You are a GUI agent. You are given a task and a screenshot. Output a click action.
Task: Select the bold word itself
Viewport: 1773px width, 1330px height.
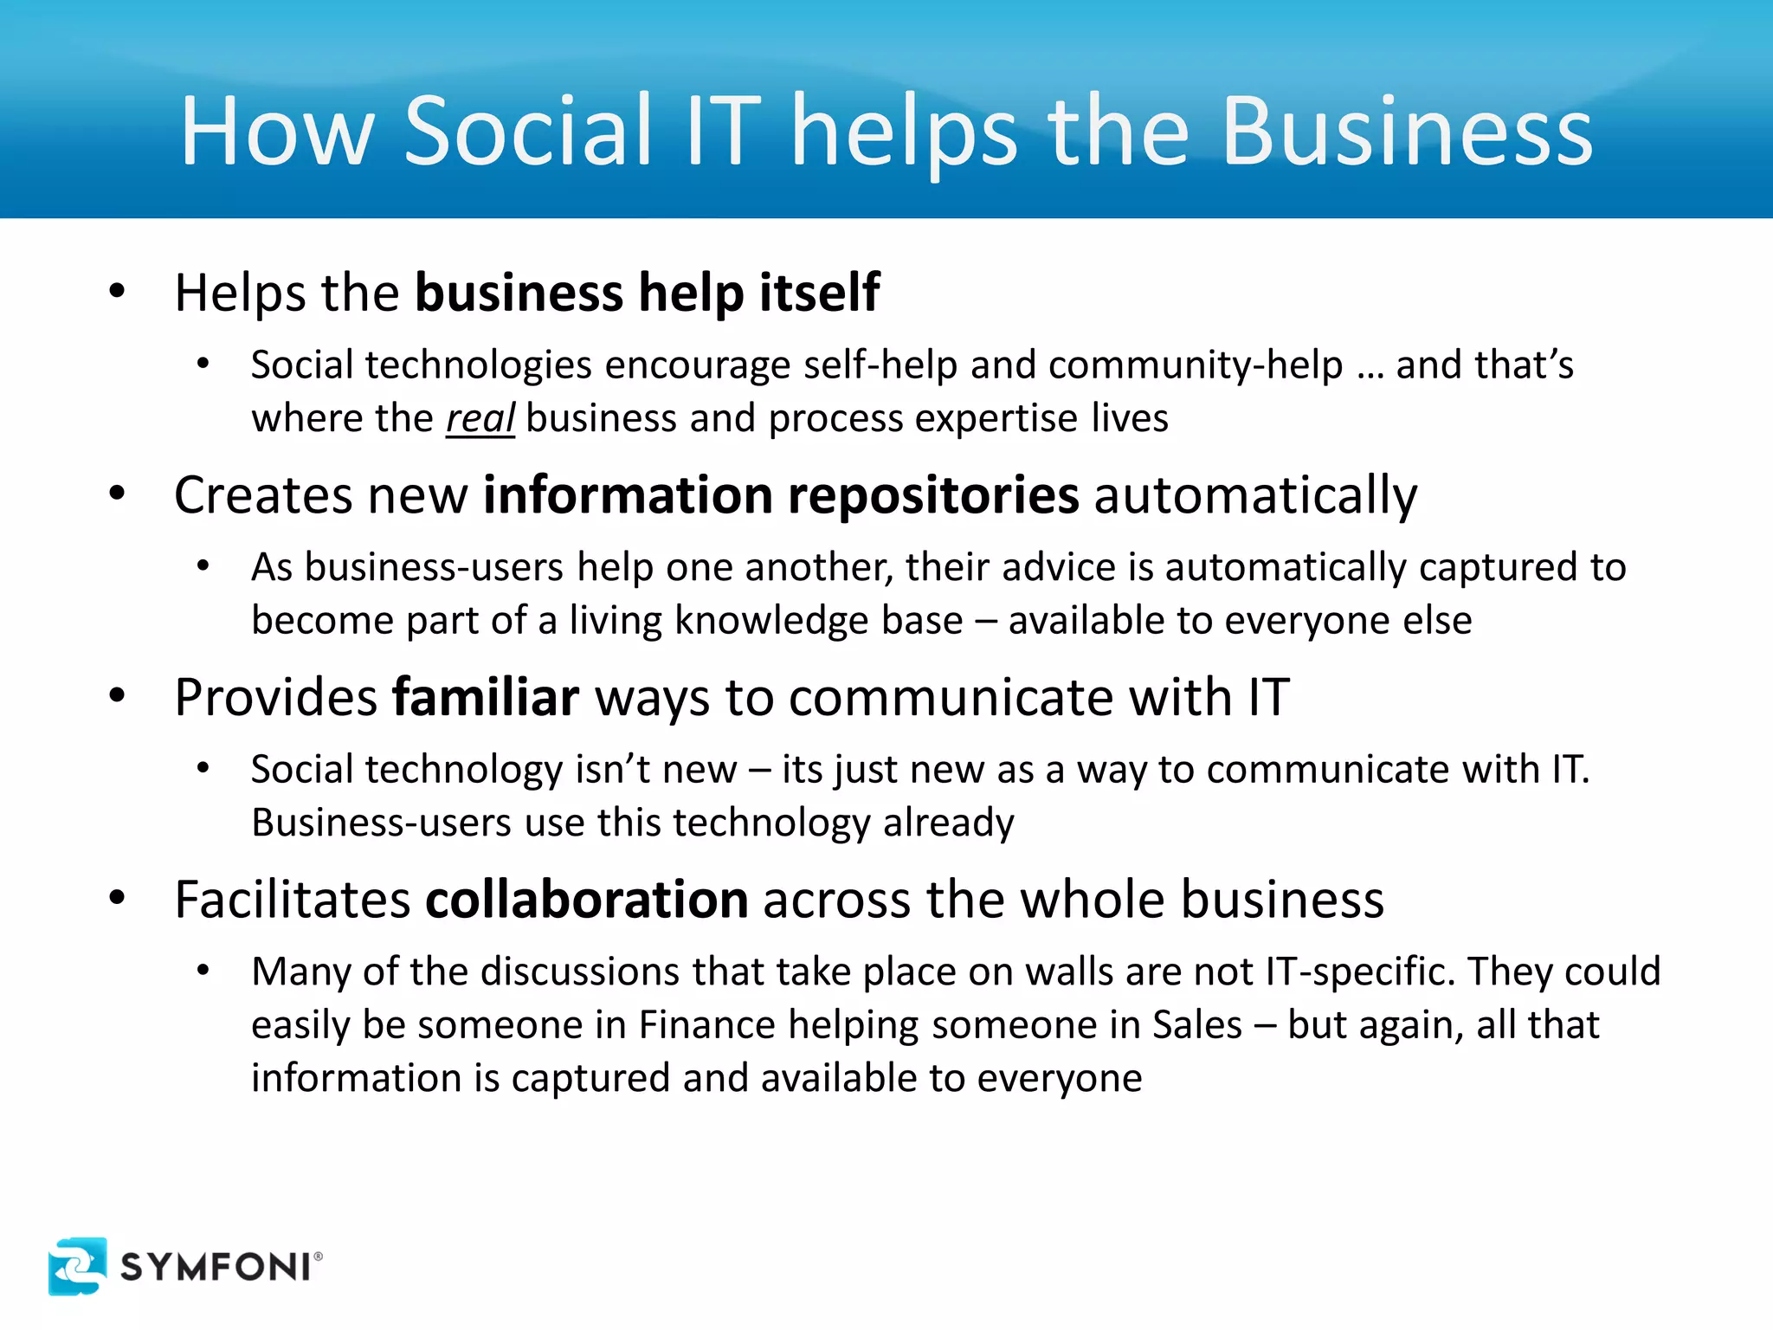coord(819,293)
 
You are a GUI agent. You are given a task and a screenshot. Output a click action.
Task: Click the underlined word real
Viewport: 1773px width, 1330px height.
coord(480,418)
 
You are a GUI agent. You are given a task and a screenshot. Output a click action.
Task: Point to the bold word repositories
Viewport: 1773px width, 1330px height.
coord(933,495)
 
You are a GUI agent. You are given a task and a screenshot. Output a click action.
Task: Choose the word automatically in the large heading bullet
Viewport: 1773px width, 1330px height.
coord(1255,495)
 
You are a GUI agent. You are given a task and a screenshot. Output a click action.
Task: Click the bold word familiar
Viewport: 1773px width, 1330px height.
coord(485,697)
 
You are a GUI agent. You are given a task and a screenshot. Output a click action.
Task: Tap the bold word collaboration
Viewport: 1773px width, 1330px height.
coord(586,900)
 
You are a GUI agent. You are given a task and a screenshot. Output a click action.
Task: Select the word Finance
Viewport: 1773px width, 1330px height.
coord(706,1025)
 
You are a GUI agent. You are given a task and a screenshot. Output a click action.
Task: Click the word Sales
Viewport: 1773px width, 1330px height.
coord(1196,1025)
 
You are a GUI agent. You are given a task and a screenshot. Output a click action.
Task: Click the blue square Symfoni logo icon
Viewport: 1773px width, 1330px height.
coord(77,1266)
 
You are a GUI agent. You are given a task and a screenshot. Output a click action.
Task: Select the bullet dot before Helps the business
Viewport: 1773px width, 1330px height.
coord(118,292)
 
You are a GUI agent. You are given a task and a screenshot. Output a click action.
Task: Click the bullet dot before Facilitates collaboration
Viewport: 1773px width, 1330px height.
coord(118,898)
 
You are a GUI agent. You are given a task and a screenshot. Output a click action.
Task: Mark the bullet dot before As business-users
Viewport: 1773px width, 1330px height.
coord(203,567)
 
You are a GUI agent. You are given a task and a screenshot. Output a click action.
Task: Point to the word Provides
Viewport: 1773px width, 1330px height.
coord(275,697)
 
